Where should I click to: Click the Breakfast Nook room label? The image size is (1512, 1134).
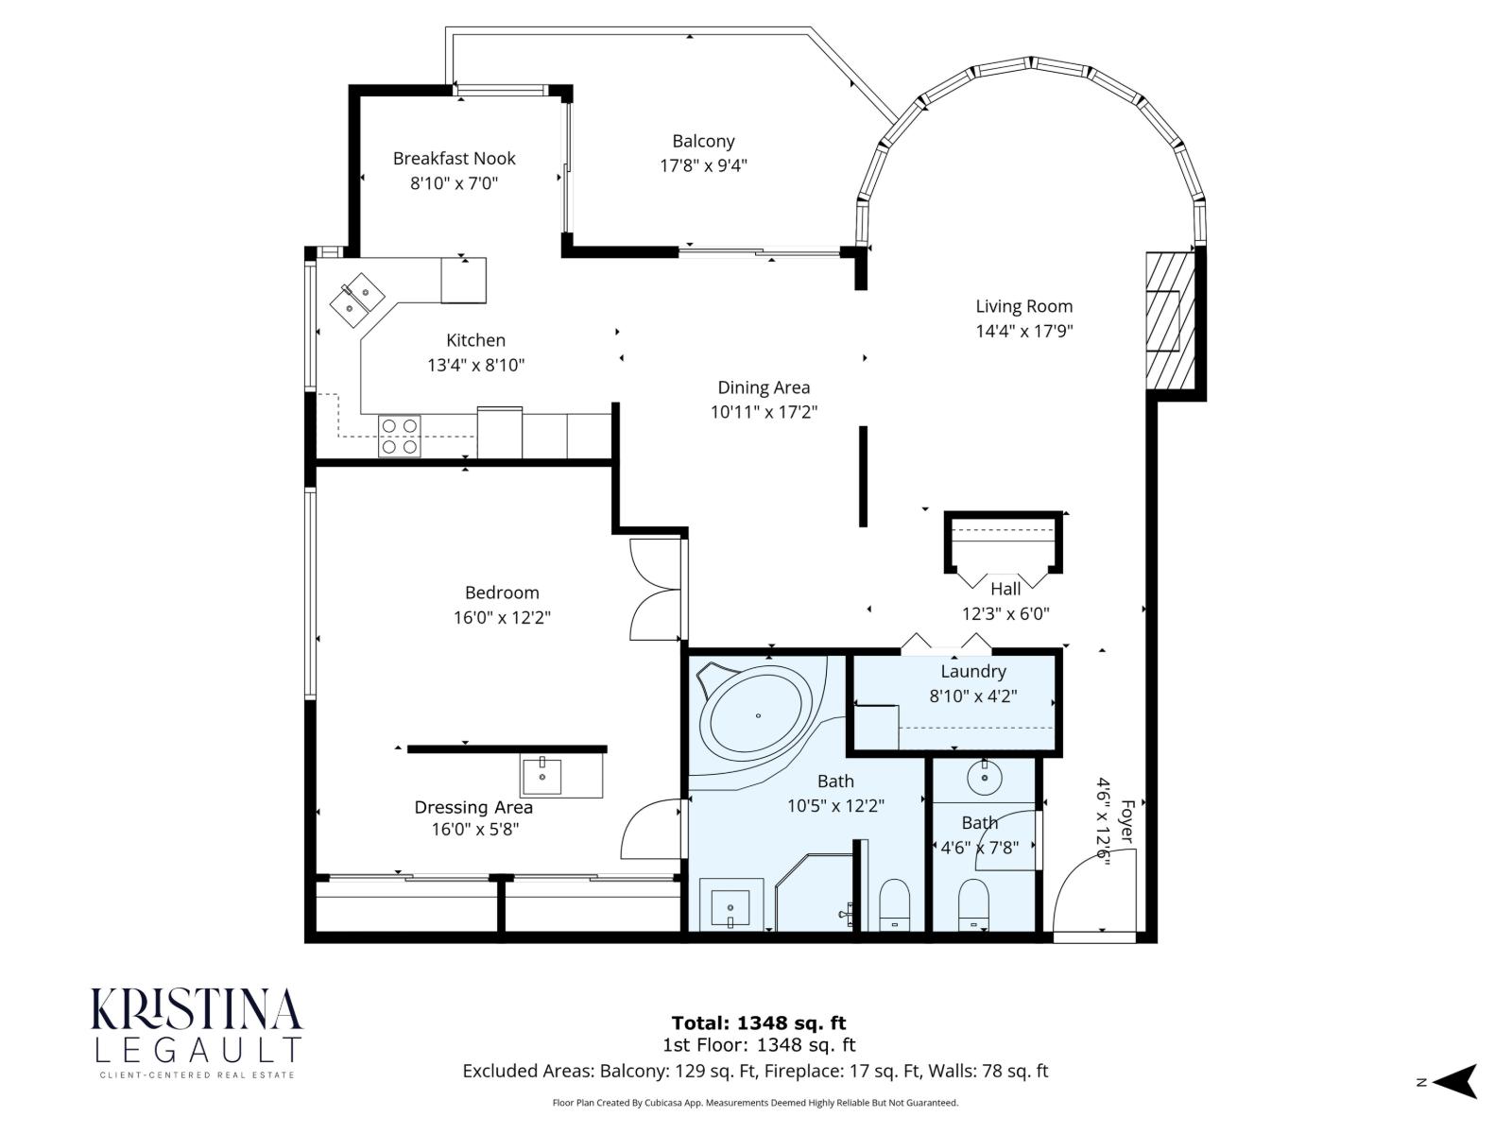tap(454, 159)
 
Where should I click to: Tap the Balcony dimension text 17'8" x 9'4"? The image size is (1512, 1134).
tap(703, 165)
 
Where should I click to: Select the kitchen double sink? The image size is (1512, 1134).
tap(356, 299)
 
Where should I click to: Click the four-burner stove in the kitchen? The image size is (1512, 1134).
tap(400, 436)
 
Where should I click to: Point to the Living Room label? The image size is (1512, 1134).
tap(1023, 306)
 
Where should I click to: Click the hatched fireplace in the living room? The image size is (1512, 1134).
tap(1170, 321)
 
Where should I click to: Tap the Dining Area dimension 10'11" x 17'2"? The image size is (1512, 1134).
tap(764, 412)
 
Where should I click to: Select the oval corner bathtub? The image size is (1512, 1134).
tap(755, 714)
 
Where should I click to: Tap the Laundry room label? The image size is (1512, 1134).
tap(972, 672)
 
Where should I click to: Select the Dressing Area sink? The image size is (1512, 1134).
tap(542, 776)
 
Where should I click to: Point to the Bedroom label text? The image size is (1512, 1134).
tap(502, 593)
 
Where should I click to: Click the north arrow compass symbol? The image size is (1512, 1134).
tap(1455, 1081)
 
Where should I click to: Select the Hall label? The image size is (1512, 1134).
tap(1005, 589)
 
